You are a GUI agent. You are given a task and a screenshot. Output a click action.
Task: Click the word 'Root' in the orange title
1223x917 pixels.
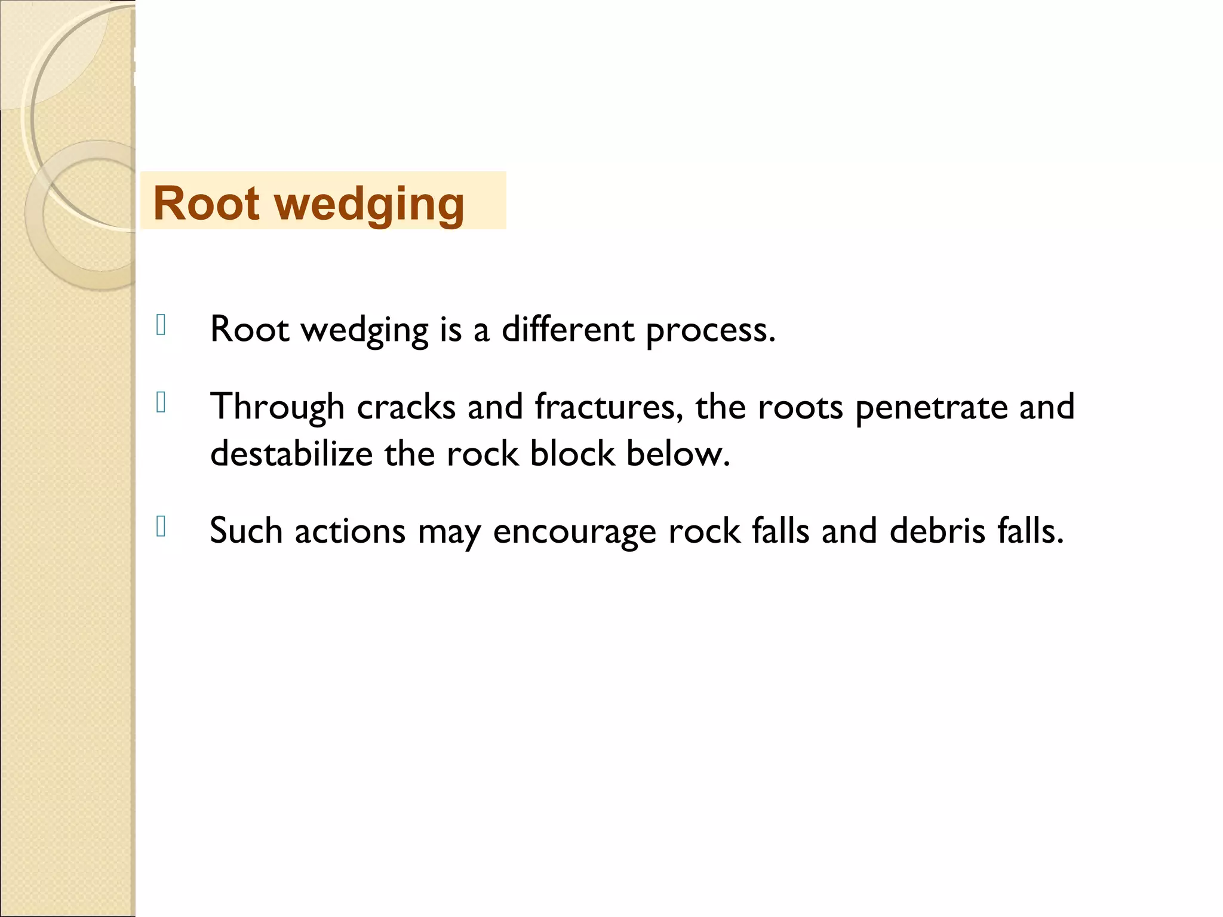(x=206, y=203)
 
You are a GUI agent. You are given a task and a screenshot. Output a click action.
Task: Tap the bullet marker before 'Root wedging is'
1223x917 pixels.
(x=161, y=325)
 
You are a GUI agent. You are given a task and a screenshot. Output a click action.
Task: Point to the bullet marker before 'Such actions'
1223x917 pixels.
(x=161, y=527)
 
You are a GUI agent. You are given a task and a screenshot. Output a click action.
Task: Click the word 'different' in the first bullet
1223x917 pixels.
(x=567, y=329)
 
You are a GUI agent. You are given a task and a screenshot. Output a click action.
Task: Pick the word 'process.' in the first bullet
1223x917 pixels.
(x=711, y=330)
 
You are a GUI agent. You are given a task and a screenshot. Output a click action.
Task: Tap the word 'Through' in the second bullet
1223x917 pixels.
(x=277, y=407)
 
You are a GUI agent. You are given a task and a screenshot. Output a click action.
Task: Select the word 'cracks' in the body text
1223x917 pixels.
(x=406, y=407)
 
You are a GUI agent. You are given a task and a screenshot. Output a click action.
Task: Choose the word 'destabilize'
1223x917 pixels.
(x=291, y=454)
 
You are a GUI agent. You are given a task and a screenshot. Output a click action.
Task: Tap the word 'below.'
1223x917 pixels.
(x=678, y=454)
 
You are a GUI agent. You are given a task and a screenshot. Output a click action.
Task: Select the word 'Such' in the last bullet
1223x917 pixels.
(x=246, y=531)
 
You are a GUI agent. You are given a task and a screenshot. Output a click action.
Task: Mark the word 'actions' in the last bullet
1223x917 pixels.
(x=350, y=531)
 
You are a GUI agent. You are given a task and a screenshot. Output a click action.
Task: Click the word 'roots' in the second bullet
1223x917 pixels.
(x=800, y=407)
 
